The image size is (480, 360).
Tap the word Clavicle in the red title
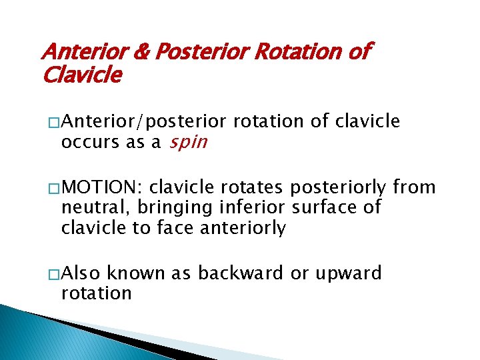point(81,75)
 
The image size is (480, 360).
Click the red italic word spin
point(188,142)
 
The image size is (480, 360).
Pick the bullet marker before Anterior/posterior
point(53,122)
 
